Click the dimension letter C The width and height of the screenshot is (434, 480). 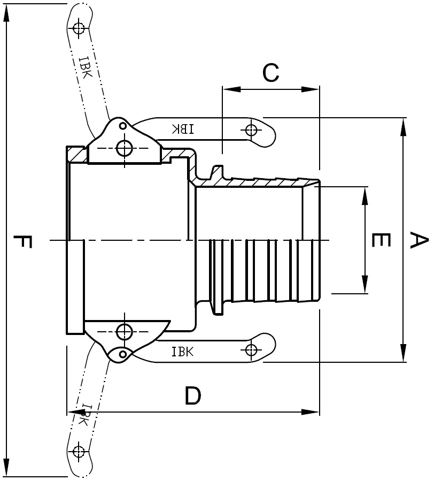(x=270, y=73)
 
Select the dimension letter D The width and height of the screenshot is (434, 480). (x=193, y=395)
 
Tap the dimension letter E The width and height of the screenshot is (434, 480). (x=381, y=240)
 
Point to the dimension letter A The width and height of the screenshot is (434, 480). (x=418, y=240)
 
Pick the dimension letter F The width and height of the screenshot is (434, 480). (x=22, y=241)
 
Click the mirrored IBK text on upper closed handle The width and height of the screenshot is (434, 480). (x=183, y=129)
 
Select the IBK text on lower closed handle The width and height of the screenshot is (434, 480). (x=183, y=352)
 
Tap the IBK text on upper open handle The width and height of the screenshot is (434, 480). (x=85, y=67)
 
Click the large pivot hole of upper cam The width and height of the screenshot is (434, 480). (x=124, y=148)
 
